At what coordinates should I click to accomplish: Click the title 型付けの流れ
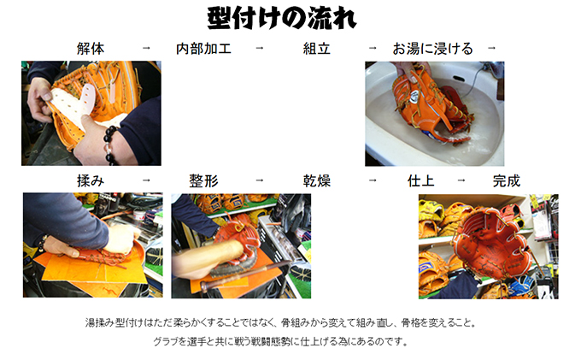pos(282,18)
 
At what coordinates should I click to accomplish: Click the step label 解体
pos(91,49)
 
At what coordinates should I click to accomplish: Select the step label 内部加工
pos(203,49)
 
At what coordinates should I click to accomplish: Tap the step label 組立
pos(317,49)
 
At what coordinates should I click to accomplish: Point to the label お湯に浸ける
pos(433,49)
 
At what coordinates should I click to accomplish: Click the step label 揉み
pos(91,181)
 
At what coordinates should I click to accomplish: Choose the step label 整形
pos(204,181)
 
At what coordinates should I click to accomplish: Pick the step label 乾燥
pos(317,181)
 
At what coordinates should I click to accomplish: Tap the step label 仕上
pos(421,181)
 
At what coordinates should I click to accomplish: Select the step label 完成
pos(507,181)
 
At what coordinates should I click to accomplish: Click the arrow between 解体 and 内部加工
pos(146,48)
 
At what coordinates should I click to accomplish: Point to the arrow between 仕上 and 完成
pos(461,180)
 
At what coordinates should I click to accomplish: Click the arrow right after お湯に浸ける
pos(491,48)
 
